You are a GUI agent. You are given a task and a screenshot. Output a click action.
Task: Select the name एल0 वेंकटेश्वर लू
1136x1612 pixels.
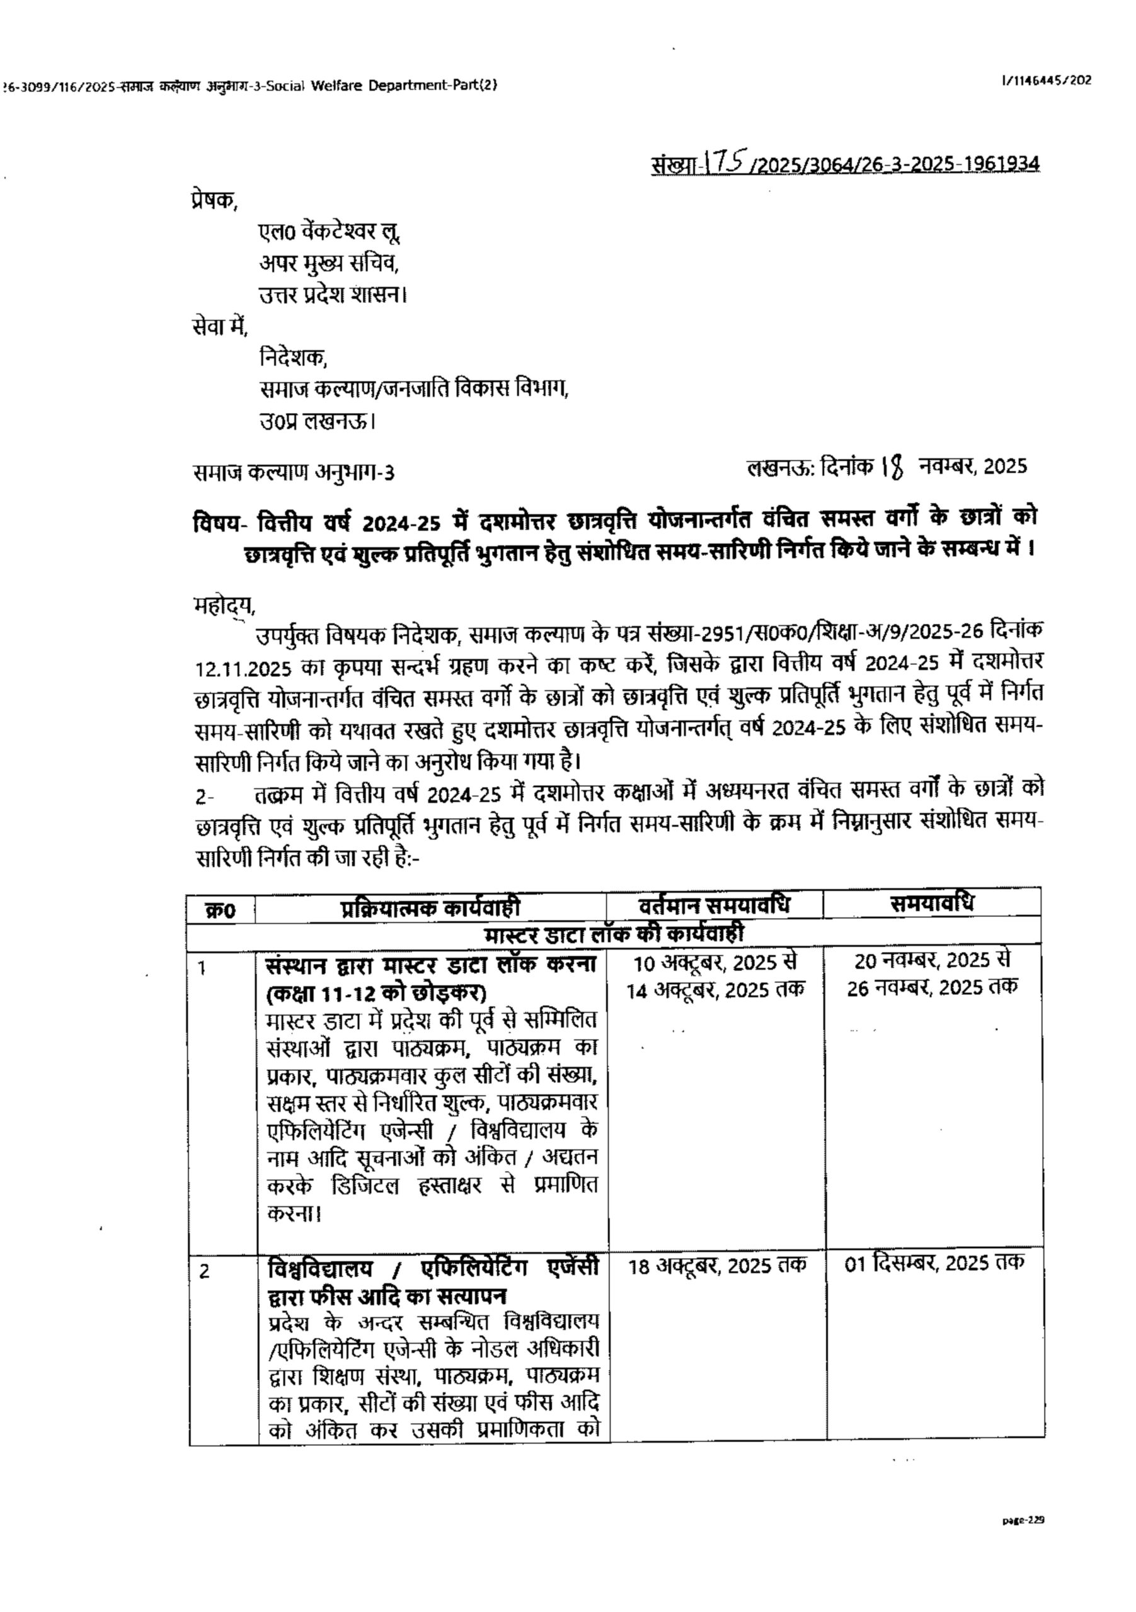(x=330, y=232)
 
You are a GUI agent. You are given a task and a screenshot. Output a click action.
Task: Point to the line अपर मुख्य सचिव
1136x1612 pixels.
(x=329, y=264)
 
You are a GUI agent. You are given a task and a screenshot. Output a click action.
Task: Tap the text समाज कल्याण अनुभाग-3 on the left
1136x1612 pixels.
(x=294, y=472)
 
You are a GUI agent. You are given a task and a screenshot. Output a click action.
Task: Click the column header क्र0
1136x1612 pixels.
(x=221, y=911)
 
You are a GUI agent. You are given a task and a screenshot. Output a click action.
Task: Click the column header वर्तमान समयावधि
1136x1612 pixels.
(x=714, y=905)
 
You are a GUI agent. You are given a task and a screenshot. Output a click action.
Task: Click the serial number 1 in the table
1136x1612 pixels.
(x=202, y=968)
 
